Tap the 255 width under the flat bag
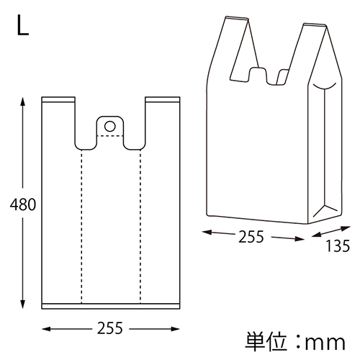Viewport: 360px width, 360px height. pyautogui.click(x=110, y=329)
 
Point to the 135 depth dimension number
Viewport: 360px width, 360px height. pyautogui.click(x=336, y=247)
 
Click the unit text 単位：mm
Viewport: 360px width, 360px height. pyautogui.click(x=294, y=339)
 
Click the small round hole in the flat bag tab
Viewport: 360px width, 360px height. pyautogui.click(x=109, y=126)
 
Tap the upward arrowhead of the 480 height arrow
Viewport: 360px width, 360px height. pyautogui.click(x=24, y=102)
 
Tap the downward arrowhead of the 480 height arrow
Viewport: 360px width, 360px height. pyautogui.click(x=24, y=306)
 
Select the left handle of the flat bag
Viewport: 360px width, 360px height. pyautogui.click(x=60, y=119)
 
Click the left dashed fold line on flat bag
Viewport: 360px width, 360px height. pyautogui.click(x=81, y=223)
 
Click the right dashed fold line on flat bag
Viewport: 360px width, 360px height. pyautogui.click(x=140, y=223)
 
